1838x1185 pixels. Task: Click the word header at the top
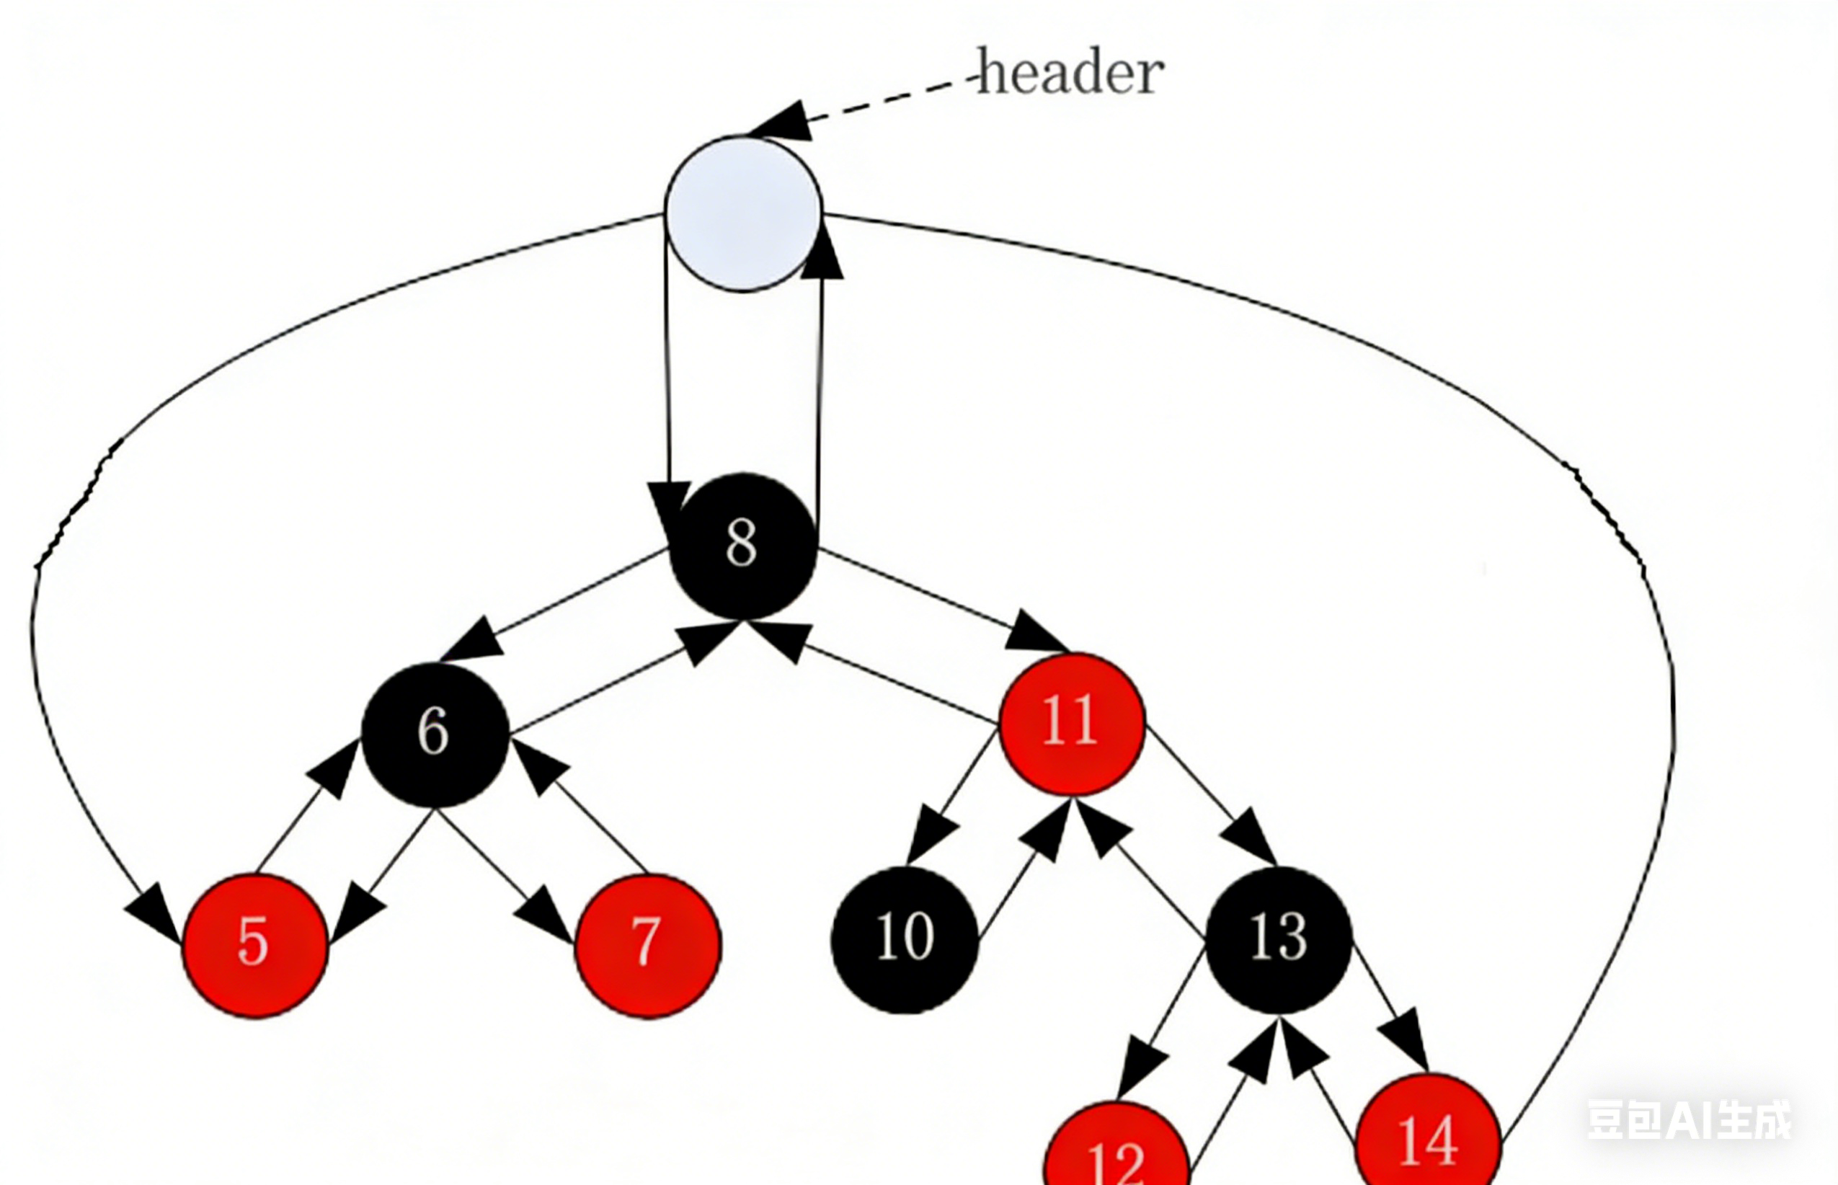[1070, 73]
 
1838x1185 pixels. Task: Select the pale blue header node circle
[743, 214]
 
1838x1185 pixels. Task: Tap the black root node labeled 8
[742, 545]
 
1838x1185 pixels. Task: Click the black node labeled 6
[435, 732]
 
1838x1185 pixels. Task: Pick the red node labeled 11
[1072, 723]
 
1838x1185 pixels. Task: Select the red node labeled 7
[648, 945]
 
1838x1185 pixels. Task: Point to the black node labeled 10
[905, 938]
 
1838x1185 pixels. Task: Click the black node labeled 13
[1279, 938]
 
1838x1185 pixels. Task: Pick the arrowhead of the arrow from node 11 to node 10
[929, 840]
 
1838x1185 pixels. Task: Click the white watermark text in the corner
[1689, 1119]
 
